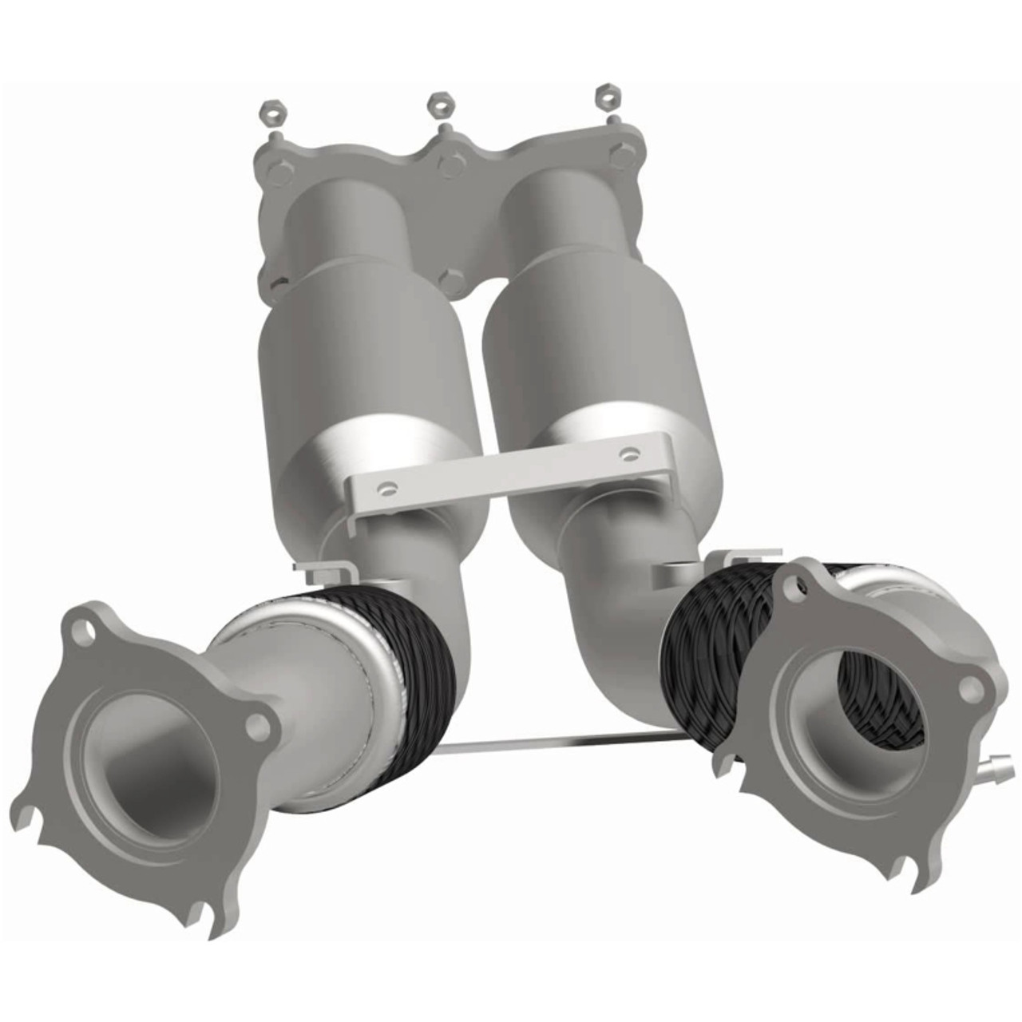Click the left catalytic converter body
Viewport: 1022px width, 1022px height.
(x=351, y=351)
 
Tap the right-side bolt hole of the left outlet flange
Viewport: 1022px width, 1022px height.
(x=255, y=725)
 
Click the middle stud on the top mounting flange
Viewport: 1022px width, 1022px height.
(x=449, y=165)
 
